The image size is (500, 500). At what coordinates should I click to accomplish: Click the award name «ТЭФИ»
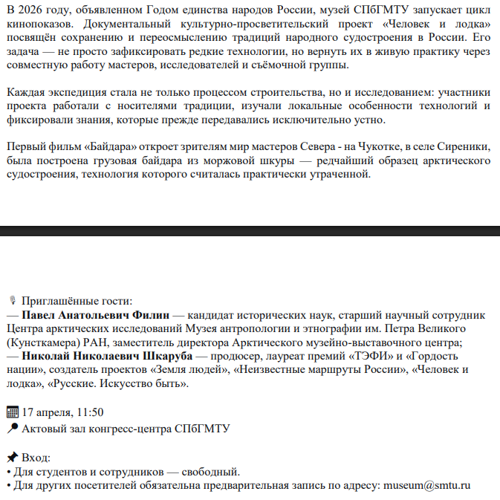369,357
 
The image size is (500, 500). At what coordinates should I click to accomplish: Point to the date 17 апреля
48,412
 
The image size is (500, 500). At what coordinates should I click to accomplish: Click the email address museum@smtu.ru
426,485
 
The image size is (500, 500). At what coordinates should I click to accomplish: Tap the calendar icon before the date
11,412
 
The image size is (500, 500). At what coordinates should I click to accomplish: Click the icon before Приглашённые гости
12,302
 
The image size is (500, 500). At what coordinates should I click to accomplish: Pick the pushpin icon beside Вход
11,456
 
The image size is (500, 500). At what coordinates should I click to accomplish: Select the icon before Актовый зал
11,428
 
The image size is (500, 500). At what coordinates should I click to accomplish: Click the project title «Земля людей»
195,370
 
